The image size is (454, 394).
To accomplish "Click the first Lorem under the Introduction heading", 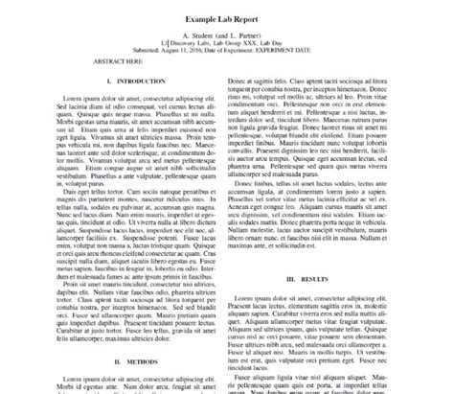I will coord(73,99).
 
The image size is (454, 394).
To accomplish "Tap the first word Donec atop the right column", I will coord(238,82).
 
